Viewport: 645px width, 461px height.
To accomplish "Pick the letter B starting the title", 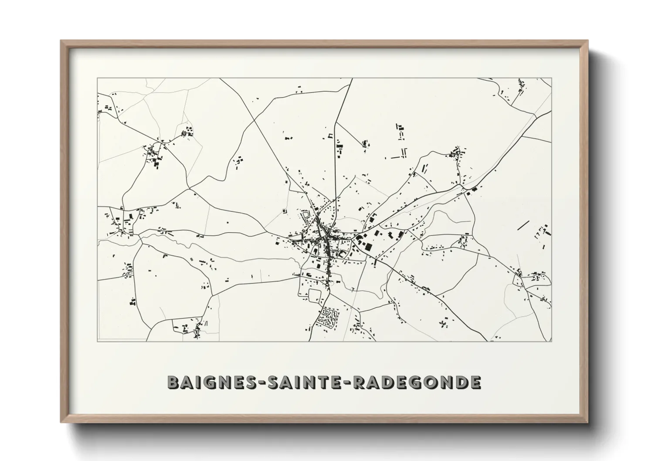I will click(x=173, y=382).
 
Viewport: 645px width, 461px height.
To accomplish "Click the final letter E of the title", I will click(x=475, y=382).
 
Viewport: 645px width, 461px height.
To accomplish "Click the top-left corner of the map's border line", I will click(x=97, y=78).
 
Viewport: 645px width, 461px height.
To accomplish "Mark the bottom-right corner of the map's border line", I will click(x=552, y=341).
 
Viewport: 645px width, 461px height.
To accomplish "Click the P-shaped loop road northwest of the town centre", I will click(x=306, y=216).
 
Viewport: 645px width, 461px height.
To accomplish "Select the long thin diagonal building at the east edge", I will click(x=523, y=226).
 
